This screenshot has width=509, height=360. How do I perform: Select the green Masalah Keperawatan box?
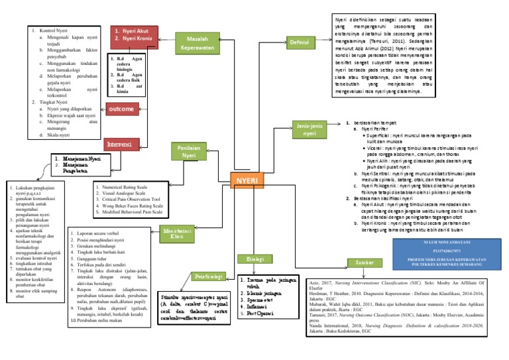(x=197, y=43)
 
